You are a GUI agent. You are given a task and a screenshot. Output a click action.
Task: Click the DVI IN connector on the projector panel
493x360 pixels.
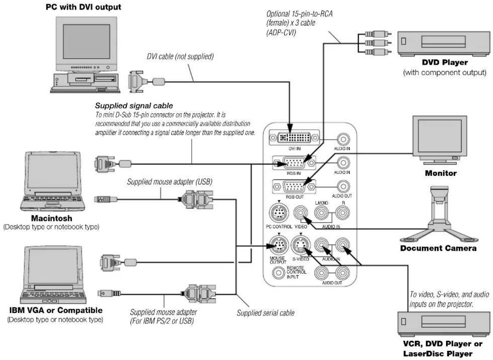294,138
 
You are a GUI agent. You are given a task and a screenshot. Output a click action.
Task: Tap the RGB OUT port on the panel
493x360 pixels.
294,187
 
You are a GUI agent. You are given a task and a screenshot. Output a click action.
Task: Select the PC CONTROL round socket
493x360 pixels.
279,213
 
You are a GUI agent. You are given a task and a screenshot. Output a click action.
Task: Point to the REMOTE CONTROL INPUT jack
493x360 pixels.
279,273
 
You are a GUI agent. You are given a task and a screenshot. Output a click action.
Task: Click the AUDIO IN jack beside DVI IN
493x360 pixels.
343,139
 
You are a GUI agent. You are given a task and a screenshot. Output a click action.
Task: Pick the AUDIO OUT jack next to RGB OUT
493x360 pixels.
343,187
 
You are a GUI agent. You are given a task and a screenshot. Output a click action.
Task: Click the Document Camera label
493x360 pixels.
438,248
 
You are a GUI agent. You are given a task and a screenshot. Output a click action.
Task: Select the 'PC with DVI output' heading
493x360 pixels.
84,7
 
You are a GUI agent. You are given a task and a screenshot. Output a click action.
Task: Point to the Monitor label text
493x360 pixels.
440,173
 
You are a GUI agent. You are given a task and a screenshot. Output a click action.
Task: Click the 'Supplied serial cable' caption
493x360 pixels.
266,313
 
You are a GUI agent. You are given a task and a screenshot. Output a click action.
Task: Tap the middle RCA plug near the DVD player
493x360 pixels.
378,43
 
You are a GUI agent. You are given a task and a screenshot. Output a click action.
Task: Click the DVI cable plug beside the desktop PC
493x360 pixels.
146,82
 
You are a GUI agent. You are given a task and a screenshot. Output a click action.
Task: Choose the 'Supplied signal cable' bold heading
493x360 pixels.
134,106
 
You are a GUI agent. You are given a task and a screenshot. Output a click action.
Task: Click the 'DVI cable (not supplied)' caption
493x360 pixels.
180,57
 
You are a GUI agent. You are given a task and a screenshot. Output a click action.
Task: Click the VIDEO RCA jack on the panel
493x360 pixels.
301,213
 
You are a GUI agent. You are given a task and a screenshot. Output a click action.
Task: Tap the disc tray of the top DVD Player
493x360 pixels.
443,41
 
